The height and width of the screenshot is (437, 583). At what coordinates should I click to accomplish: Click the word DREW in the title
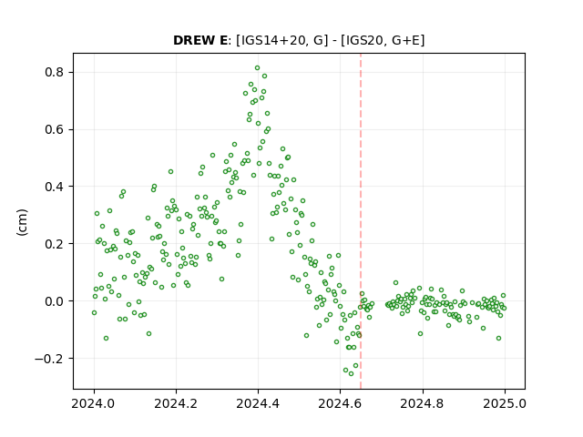pos(193,40)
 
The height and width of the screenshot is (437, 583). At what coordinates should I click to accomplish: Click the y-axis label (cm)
pos(22,222)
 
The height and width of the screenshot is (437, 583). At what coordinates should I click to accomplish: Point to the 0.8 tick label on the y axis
pos(55,72)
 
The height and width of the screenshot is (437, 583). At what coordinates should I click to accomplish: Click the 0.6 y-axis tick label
pos(55,129)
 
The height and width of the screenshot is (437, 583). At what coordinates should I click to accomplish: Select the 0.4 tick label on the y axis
pos(55,187)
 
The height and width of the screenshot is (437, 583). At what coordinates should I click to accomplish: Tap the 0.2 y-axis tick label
pos(55,244)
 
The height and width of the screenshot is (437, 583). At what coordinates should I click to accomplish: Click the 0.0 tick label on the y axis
pos(55,301)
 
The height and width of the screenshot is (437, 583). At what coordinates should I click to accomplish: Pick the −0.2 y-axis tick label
pos(49,358)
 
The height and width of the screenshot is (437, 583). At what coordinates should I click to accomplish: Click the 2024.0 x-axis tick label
pos(94,403)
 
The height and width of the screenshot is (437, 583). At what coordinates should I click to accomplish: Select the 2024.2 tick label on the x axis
pos(176,403)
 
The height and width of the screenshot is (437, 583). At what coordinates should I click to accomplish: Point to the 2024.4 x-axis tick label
pos(258,403)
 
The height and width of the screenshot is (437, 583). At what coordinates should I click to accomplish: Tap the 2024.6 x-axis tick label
pos(340,403)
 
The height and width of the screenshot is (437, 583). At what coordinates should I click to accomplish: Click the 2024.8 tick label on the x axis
pos(422,403)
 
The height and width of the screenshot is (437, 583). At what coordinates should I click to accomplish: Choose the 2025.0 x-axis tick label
pos(505,403)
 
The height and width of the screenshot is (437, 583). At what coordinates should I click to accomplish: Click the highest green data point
pos(257,68)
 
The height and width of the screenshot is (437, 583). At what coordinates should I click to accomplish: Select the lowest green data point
pos(351,373)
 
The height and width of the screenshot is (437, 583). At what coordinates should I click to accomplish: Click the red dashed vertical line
pos(361,221)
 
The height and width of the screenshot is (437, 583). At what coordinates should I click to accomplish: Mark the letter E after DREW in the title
pos(222,40)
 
